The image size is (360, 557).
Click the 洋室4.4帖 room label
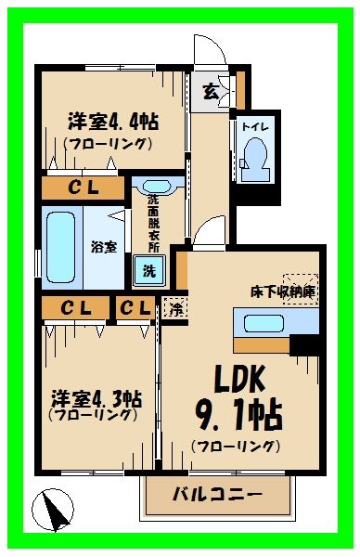111,121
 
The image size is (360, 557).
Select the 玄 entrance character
211,91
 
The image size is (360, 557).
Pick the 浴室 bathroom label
103,248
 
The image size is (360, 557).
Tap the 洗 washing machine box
146,271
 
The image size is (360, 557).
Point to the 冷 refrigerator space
174,308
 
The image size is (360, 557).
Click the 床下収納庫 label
282,291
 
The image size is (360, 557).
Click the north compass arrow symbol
56,511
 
